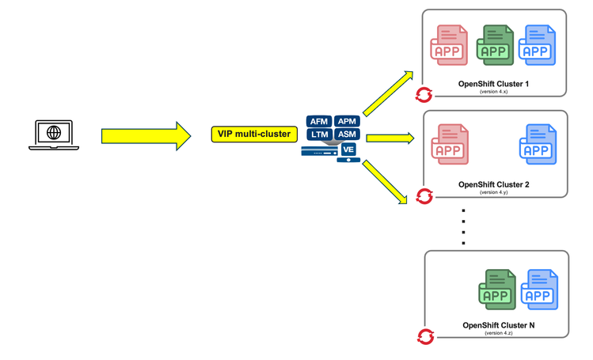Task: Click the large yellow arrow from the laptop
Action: pyautogui.click(x=146, y=135)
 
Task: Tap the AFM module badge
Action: pyautogui.click(x=319, y=122)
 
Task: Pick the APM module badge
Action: pyautogui.click(x=347, y=122)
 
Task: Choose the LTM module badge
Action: pyautogui.click(x=319, y=135)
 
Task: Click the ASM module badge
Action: pyautogui.click(x=347, y=135)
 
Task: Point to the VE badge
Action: pyautogui.click(x=348, y=149)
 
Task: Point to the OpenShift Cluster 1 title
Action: pyautogui.click(x=494, y=84)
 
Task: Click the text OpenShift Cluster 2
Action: pyautogui.click(x=494, y=184)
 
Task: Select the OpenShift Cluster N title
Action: pyautogui.click(x=499, y=325)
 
